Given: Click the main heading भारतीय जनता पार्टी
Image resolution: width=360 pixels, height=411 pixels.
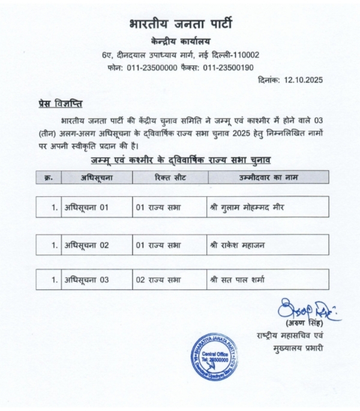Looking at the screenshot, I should click(180, 25).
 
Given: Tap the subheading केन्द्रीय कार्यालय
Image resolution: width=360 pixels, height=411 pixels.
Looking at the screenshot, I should click(180, 42).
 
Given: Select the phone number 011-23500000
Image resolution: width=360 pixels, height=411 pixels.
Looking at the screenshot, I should click(152, 68).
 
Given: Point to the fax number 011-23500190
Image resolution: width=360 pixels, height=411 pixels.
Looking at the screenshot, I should click(228, 68).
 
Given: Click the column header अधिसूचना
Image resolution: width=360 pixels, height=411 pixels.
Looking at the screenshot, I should click(97, 178).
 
